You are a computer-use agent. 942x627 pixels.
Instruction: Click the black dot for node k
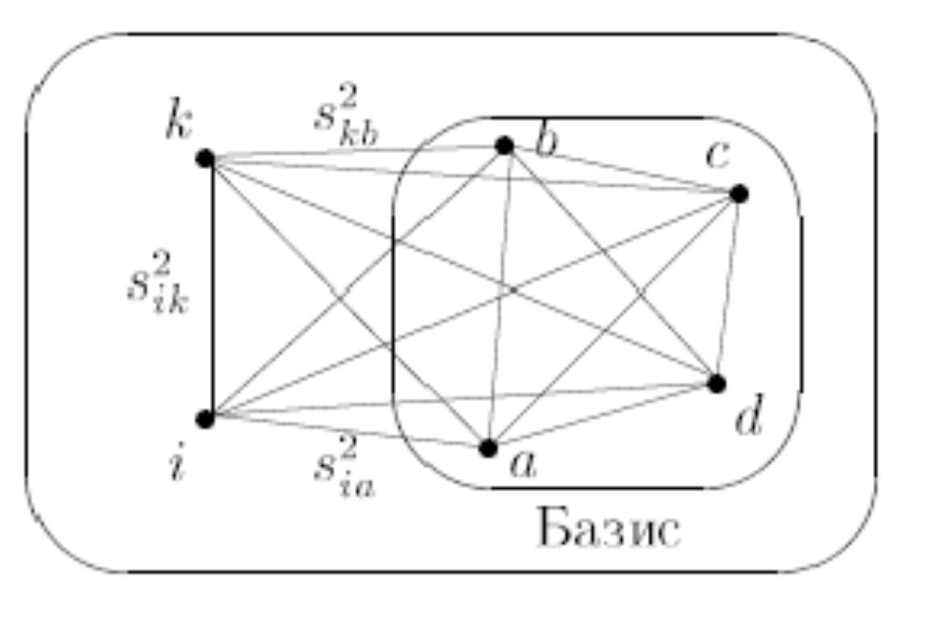(204, 159)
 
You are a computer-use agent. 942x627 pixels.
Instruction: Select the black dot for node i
(204, 419)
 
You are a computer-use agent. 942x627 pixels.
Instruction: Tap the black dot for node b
(504, 146)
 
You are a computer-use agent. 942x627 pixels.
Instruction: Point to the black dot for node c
(739, 194)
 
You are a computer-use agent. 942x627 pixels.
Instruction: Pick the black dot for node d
(717, 383)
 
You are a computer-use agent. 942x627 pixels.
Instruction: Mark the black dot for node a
(488, 447)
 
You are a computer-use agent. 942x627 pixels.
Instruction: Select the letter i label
(175, 465)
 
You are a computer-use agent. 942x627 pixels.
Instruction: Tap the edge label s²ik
(159, 288)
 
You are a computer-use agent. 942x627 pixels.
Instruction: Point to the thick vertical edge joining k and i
(212, 288)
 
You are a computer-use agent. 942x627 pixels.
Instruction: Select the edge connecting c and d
(728, 288)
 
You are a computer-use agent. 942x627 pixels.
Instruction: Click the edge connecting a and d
(603, 415)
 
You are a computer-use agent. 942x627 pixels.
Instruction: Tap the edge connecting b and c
(622, 170)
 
